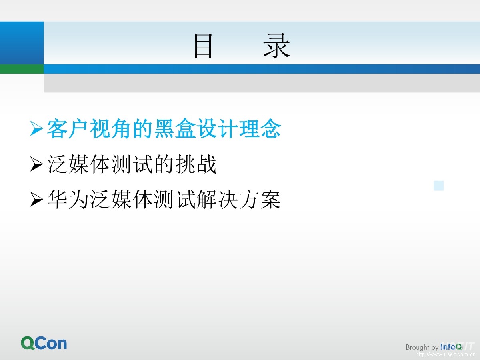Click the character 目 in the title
pyautogui.click(x=203, y=46)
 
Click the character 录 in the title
pyautogui.click(x=277, y=46)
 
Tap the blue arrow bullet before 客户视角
pyautogui.click(x=36, y=129)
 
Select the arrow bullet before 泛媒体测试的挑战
pyautogui.click(x=36, y=165)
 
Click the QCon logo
pyautogui.click(x=44, y=343)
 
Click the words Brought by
pyautogui.click(x=422, y=347)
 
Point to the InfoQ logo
pyautogui.click(x=451, y=347)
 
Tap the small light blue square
pyautogui.click(x=439, y=186)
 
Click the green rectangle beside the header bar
pyautogui.click(x=22, y=69)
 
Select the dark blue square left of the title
pyautogui.click(x=22, y=43)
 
